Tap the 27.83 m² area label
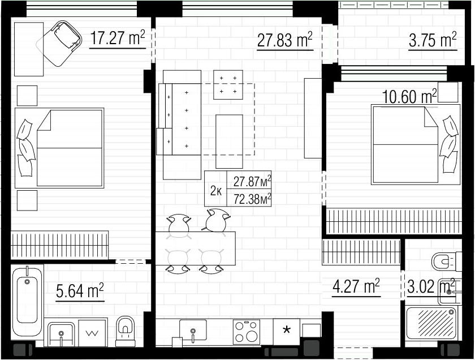(285, 40)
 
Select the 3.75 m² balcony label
(433, 40)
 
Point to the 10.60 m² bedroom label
(409, 96)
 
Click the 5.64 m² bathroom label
(80, 290)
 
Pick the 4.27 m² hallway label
(356, 286)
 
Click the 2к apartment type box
(215, 188)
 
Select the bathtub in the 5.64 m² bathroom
(27, 302)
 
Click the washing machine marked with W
(93, 333)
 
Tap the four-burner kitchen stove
(247, 332)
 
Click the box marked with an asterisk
(287, 332)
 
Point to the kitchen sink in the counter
(193, 330)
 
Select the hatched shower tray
(431, 323)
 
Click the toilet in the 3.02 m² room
(446, 261)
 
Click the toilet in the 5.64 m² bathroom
(125, 331)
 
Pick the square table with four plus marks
(228, 84)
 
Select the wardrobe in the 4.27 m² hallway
(361, 252)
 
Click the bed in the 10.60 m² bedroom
(416, 144)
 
